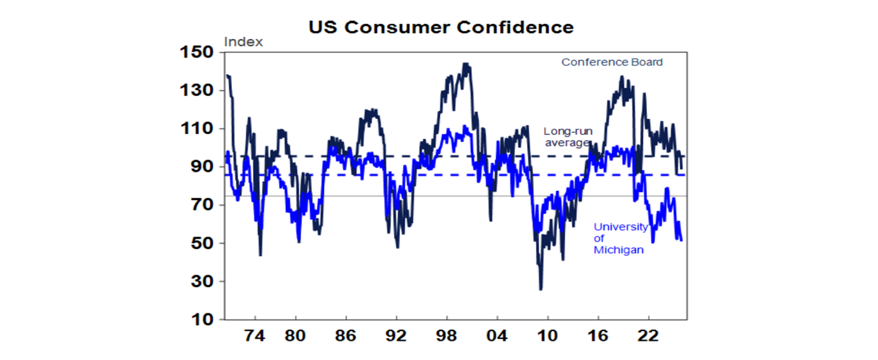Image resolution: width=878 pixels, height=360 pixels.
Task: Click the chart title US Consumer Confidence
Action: [x=441, y=27]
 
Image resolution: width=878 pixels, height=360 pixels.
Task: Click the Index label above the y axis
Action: [x=244, y=42]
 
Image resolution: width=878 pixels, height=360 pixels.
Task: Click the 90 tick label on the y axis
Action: [x=202, y=167]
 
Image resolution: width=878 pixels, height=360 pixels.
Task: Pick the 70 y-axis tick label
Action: [x=202, y=205]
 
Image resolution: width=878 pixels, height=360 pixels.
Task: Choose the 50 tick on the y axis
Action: [x=202, y=243]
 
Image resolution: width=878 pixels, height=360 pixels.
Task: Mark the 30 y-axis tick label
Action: [x=202, y=282]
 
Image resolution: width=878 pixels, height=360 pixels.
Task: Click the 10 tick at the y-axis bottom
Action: [x=202, y=320]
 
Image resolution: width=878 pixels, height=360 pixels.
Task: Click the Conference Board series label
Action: [x=612, y=62]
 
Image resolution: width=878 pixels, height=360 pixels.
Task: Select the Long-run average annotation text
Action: [x=568, y=137]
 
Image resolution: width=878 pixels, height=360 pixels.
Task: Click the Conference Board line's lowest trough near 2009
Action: [x=541, y=289]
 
